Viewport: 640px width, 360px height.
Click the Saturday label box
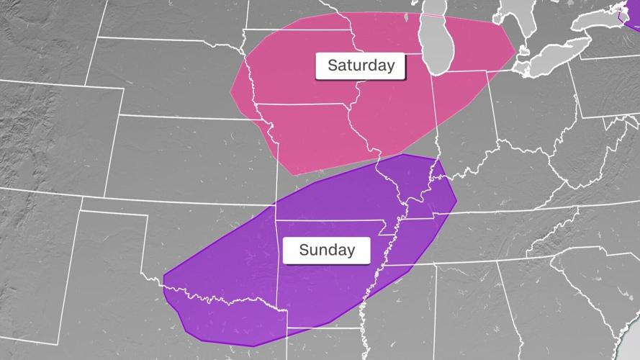[x=361, y=66]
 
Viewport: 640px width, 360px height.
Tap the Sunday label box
[x=326, y=251]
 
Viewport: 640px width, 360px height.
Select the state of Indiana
[x=461, y=115]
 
